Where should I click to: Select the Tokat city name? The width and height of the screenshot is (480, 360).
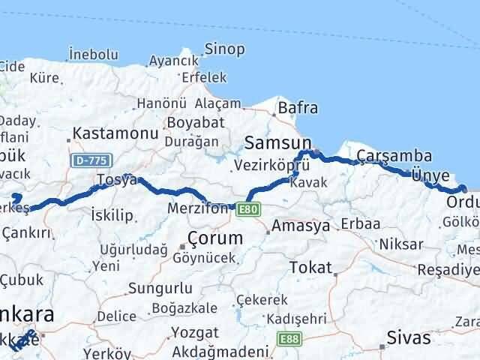click(310, 267)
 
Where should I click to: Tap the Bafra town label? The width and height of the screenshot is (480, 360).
click(298, 108)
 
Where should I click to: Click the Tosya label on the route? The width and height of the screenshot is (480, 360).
click(117, 181)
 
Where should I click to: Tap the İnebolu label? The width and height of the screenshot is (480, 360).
click(94, 54)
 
